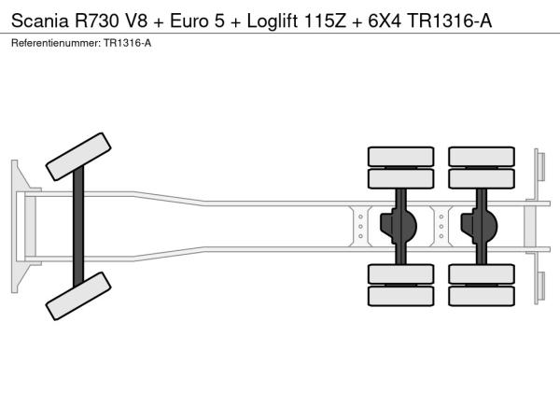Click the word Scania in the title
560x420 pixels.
pos(40,21)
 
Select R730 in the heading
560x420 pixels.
pos(96,21)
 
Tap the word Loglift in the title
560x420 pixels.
pos(273,21)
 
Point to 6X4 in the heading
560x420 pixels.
pos(385,21)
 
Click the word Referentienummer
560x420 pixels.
pos(56,43)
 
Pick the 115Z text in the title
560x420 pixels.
pos(325,21)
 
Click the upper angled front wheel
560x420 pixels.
pos(78,157)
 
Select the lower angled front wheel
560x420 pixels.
pos(78,296)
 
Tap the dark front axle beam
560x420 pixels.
pos(78,227)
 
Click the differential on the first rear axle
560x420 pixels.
pos(399,226)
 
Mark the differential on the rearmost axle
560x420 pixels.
pos(480,226)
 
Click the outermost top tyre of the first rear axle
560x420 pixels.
pos(400,157)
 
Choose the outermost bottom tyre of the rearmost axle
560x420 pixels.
pos(482,296)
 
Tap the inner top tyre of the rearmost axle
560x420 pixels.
pos(482,178)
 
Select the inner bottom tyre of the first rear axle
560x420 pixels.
pos(400,273)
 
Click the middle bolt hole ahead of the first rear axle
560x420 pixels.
pos(360,227)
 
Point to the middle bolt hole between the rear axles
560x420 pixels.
pos(441,227)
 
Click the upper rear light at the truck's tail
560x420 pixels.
pos(541,166)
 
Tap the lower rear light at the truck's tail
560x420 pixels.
pos(541,286)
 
